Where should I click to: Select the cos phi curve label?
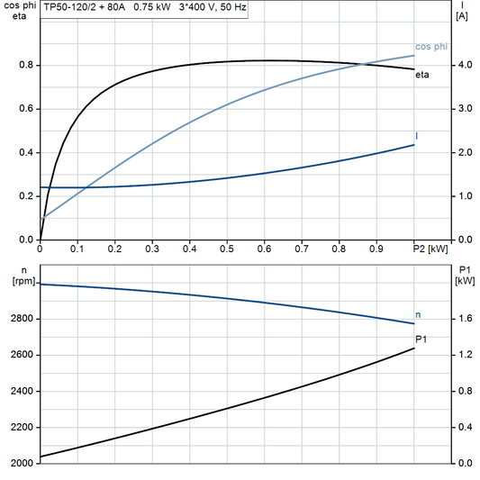click(431, 46)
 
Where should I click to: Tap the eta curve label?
click(421, 75)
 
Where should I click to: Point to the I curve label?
click(416, 136)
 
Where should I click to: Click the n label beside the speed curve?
click(418, 314)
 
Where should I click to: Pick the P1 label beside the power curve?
click(421, 339)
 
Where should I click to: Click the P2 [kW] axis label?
click(430, 248)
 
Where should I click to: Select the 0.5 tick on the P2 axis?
click(227, 248)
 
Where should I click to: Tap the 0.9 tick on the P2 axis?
click(376, 248)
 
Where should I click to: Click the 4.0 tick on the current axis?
click(464, 65)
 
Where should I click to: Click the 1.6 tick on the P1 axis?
click(465, 319)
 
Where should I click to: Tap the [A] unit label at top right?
click(462, 16)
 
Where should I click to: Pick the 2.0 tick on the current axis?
click(464, 152)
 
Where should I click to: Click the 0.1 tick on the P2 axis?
click(78, 248)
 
